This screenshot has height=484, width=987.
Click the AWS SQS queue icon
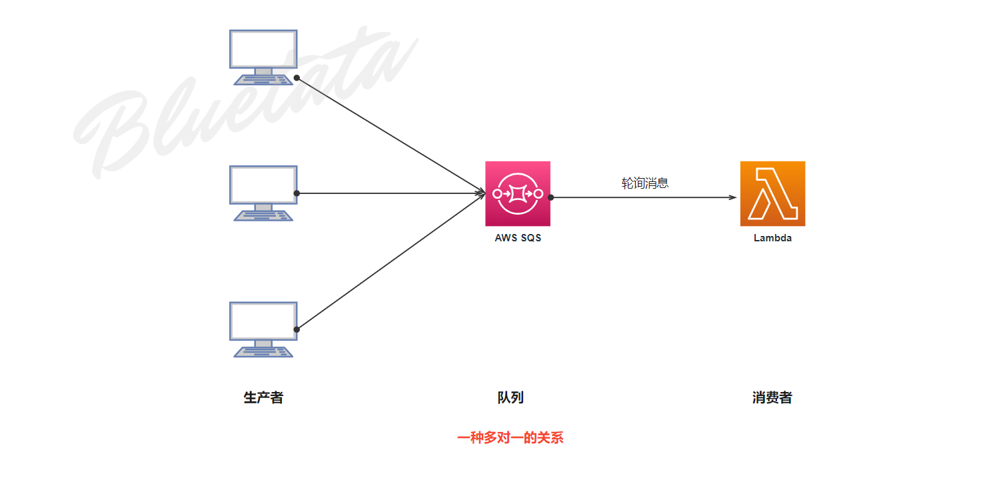click(x=518, y=193)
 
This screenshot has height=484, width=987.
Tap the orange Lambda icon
click(x=772, y=193)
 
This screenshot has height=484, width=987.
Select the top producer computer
click(x=263, y=57)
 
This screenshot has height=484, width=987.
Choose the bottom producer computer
click(x=263, y=329)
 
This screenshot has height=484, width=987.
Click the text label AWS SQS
click(x=518, y=238)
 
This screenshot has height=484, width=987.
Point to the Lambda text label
click(x=772, y=238)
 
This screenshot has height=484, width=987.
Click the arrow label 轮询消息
click(x=645, y=183)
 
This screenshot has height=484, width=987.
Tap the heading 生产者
click(x=263, y=398)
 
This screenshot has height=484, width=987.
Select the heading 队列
click(x=510, y=398)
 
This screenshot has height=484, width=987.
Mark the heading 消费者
click(x=772, y=398)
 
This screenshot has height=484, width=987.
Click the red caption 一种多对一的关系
click(x=510, y=438)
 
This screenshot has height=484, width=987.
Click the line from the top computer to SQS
click(x=390, y=135)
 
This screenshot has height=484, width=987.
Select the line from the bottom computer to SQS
click(x=390, y=261)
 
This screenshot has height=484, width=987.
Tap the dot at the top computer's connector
click(x=297, y=78)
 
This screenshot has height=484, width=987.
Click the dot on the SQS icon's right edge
click(x=551, y=197)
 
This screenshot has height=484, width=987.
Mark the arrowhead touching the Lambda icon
click(x=733, y=197)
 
